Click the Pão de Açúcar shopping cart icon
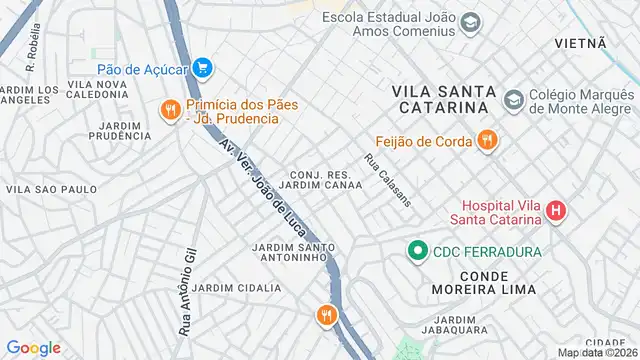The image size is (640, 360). pyautogui.click(x=204, y=69)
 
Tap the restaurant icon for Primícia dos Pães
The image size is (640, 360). pyautogui.click(x=171, y=110)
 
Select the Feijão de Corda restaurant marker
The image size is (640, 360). pyautogui.click(x=487, y=140)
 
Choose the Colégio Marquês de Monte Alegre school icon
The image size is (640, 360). pyautogui.click(x=513, y=100)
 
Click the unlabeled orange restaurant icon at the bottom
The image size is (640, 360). pyautogui.click(x=326, y=317)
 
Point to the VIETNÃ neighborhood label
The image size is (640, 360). pyautogui.click(x=581, y=43)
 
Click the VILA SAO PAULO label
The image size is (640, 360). pyautogui.click(x=52, y=189)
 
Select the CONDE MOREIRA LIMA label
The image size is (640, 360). pyautogui.click(x=483, y=281)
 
